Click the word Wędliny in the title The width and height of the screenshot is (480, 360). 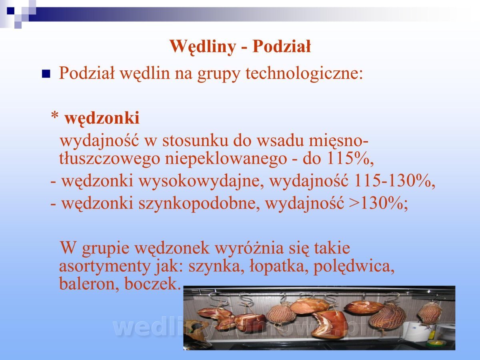[203, 47]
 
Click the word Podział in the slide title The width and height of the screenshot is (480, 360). [282, 46]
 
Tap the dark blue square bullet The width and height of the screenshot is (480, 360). [46, 74]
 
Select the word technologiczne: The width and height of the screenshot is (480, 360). [304, 73]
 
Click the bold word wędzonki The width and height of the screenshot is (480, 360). [102, 118]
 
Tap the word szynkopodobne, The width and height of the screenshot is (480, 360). [199, 204]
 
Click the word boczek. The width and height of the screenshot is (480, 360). [152, 284]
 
